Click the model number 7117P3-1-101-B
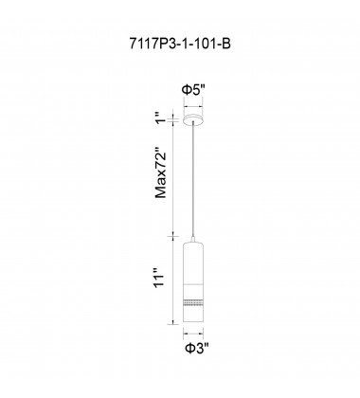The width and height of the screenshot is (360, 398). pyautogui.click(x=180, y=44)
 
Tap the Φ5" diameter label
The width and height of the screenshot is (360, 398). pyautogui.click(x=193, y=90)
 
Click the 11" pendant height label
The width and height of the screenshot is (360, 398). pyautogui.click(x=160, y=278)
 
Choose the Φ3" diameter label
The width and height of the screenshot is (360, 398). pyautogui.click(x=197, y=349)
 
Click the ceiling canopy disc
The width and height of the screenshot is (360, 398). pyautogui.click(x=193, y=119)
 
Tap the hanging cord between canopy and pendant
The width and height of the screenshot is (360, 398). pyautogui.click(x=193, y=180)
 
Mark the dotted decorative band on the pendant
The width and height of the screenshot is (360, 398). pyautogui.click(x=193, y=302)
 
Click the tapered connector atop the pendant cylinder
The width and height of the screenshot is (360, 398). pyautogui.click(x=193, y=240)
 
